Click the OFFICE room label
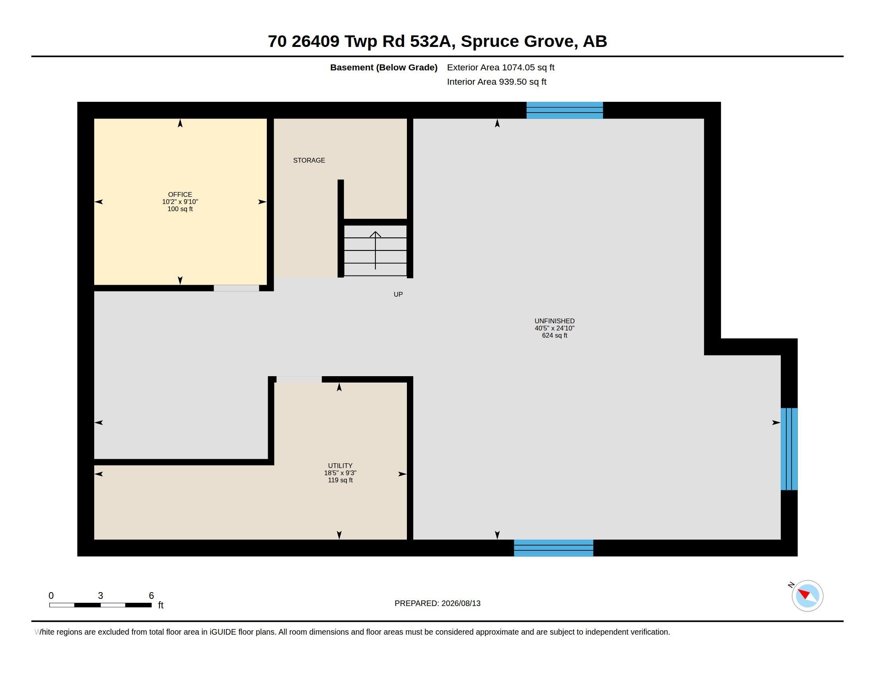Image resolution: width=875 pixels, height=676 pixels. (180, 194)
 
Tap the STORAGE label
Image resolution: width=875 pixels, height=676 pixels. (309, 160)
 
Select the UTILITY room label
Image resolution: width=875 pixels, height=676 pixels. (340, 466)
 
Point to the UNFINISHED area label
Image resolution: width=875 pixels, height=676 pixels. (554, 321)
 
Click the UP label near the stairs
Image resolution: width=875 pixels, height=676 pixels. (398, 294)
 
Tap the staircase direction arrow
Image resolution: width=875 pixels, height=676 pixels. (375, 250)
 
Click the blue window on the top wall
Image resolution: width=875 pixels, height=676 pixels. (564, 110)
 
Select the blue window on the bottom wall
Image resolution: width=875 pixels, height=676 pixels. (553, 548)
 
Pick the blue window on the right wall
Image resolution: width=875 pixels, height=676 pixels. (789, 449)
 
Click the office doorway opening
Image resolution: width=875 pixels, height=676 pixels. (236, 288)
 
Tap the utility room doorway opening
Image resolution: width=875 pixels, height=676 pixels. (299, 379)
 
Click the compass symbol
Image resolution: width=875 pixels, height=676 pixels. (807, 596)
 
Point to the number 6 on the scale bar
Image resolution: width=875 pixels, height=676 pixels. (151, 596)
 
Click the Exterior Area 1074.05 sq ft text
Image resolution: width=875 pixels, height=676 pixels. (500, 67)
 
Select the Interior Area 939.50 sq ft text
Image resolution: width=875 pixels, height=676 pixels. (496, 82)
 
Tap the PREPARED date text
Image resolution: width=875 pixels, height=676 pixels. (437, 603)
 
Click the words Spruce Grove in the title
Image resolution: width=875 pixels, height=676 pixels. (517, 41)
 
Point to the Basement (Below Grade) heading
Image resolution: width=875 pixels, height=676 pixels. (383, 67)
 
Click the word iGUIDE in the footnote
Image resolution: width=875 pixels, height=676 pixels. (223, 632)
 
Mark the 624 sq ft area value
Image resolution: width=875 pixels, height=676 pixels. (554, 336)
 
